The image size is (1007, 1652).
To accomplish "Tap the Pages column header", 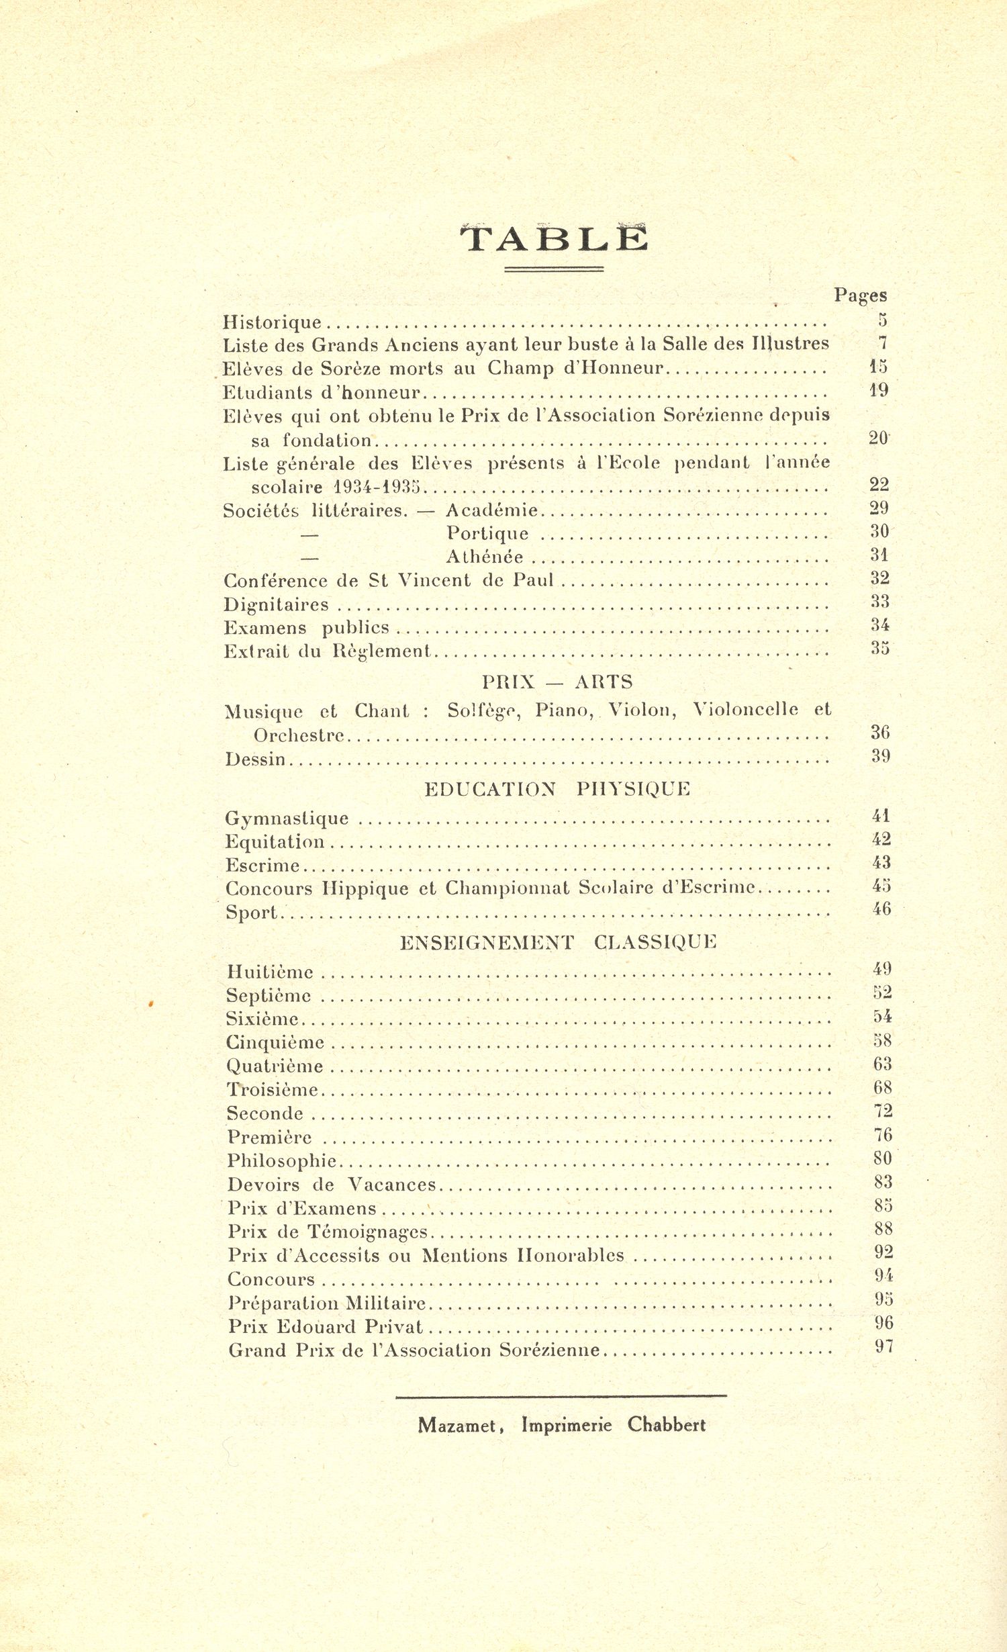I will click(x=860, y=295).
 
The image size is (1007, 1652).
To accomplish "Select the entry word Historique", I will click(x=272, y=322).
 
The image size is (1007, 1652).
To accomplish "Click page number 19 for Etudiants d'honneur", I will click(x=878, y=390).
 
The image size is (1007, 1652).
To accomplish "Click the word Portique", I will click(x=487, y=533).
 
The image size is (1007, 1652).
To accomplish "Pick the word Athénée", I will click(x=484, y=557).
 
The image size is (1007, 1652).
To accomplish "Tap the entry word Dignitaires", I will click(x=276, y=604).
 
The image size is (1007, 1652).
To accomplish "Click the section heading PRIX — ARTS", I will click(x=557, y=682).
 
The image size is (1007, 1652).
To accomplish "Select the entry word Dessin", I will click(x=256, y=760).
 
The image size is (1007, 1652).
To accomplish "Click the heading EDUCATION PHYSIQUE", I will click(x=557, y=789).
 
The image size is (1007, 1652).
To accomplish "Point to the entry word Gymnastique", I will click(x=287, y=819).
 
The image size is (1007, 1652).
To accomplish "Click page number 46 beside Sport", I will click(x=881, y=909).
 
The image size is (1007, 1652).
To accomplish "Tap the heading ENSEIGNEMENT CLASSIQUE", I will click(x=558, y=942).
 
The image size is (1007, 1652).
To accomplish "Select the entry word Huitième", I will click(x=270, y=972).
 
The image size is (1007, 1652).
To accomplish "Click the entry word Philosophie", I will click(x=282, y=1160).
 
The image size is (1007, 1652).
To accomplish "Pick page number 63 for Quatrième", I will click(x=882, y=1064).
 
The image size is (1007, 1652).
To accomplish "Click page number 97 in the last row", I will click(x=884, y=1346).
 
